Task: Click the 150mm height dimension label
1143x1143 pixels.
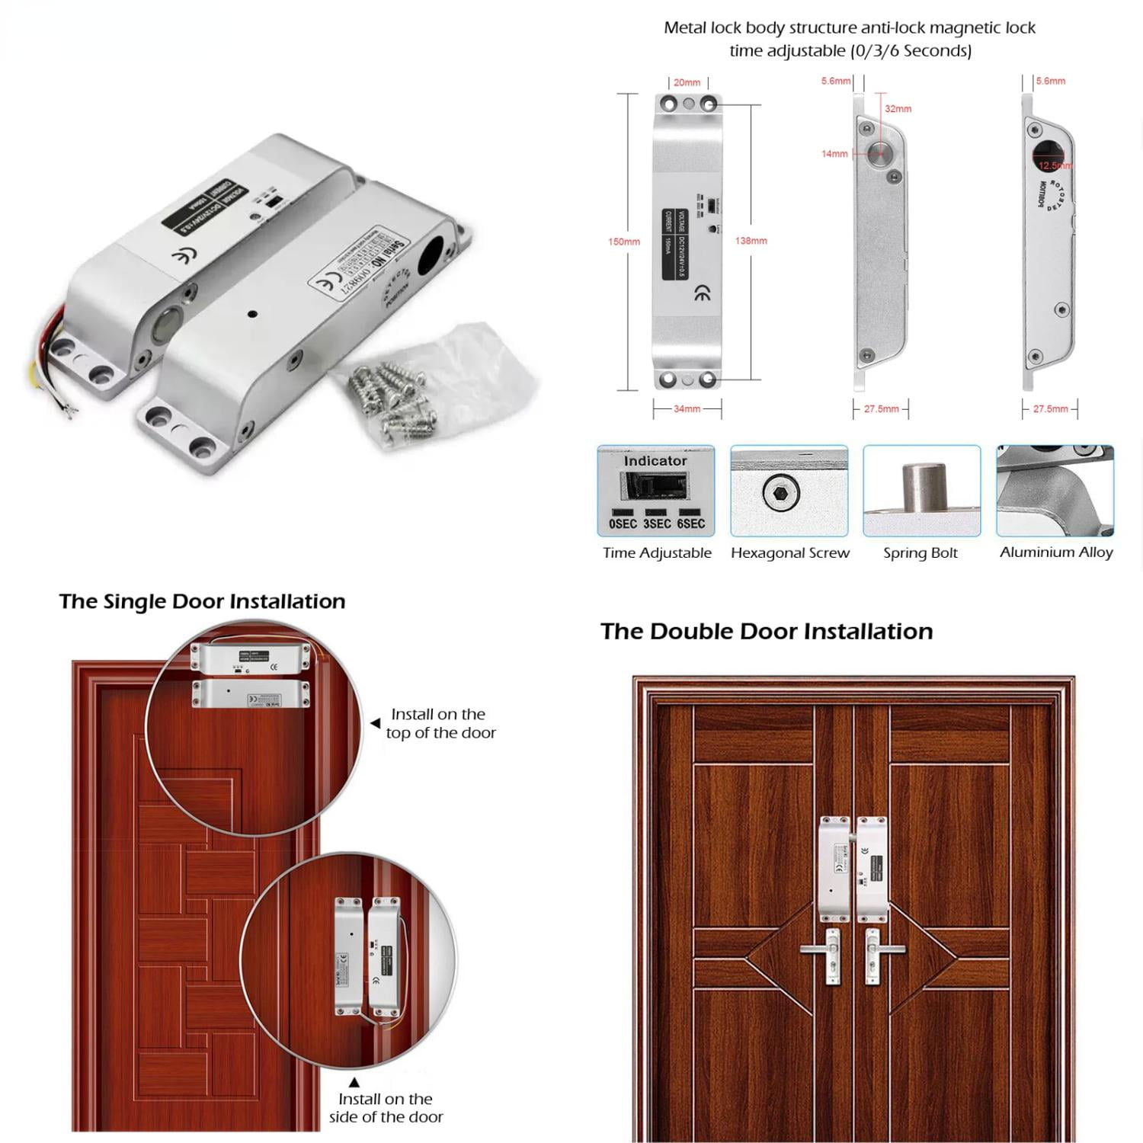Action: click(x=623, y=242)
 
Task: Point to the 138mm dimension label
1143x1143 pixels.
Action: click(x=751, y=241)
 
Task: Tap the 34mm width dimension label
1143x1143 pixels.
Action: click(x=687, y=409)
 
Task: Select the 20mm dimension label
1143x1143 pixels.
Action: click(x=687, y=82)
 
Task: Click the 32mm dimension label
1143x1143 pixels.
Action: click(x=898, y=109)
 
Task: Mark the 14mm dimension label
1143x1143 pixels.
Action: click(x=834, y=154)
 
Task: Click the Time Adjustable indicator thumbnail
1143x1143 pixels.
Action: click(x=656, y=491)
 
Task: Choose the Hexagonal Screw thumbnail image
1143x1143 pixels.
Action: click(x=789, y=491)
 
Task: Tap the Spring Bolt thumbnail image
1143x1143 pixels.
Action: click(x=921, y=491)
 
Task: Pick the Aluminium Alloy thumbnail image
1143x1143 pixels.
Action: click(x=1055, y=491)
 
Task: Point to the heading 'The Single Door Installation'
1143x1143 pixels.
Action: click(x=202, y=601)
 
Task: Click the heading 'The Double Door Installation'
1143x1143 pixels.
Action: click(x=766, y=631)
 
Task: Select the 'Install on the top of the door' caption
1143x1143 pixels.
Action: click(x=440, y=723)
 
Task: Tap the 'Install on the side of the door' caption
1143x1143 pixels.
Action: click(x=386, y=1107)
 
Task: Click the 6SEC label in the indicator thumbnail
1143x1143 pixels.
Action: click(x=690, y=523)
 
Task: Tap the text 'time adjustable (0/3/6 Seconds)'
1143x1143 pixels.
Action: click(x=850, y=51)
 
